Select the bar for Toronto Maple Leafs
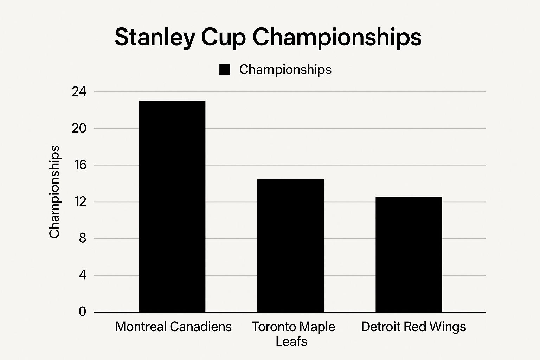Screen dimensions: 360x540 [290, 246]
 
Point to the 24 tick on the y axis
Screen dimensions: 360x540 [79, 92]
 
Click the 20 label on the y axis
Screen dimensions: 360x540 [79, 129]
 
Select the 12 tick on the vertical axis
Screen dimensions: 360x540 [79, 202]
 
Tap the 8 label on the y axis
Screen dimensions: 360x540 [82, 239]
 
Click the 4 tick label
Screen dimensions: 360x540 [82, 275]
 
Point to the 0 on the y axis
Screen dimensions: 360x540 [82, 312]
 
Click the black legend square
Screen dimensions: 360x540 [224, 70]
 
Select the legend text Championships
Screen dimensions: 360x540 [285, 70]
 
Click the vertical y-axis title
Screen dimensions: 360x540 [54, 192]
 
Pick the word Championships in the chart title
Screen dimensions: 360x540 [337, 37]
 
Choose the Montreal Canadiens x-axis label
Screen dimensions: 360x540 [173, 327]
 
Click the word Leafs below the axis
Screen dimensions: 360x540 [291, 341]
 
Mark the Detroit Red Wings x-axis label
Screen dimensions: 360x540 [413, 327]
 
